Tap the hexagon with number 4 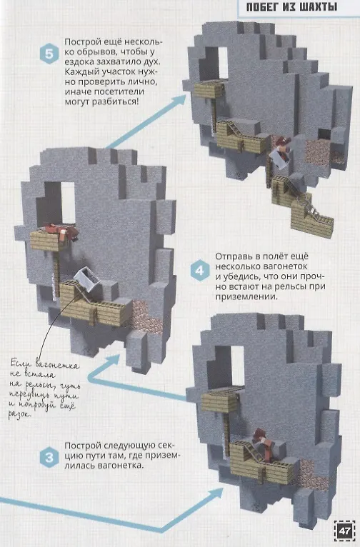coord(200,271)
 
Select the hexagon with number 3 coord(49,457)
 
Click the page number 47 coord(344,531)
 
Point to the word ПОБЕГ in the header coord(261,6)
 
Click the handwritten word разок coord(19,415)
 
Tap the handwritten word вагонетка coord(58,366)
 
